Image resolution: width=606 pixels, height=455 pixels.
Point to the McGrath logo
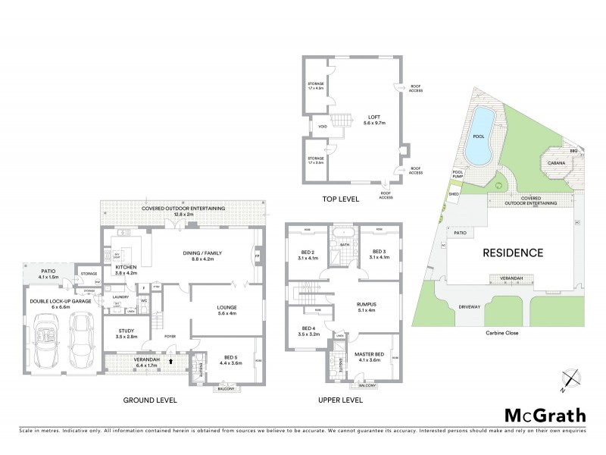click(x=545, y=415)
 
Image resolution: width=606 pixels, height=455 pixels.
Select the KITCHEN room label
click(x=125, y=268)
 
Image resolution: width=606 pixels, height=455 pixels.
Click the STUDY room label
click(x=125, y=331)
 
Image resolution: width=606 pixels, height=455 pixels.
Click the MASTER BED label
click(x=371, y=355)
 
